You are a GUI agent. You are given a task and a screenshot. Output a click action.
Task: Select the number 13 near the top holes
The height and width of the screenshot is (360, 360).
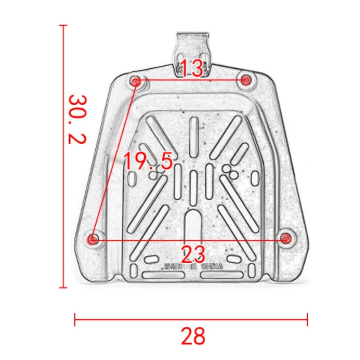pyautogui.click(x=192, y=68)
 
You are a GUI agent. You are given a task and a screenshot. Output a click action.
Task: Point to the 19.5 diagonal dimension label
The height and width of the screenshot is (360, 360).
pyautogui.click(x=148, y=161)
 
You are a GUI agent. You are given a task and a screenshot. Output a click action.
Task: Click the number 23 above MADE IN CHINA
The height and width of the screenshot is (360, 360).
pyautogui.click(x=193, y=254)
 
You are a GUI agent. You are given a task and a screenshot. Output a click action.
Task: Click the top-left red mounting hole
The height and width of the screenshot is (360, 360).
pyautogui.click(x=135, y=81)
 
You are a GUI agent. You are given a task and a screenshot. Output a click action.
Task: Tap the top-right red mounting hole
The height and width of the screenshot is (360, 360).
pyautogui.click(x=245, y=80)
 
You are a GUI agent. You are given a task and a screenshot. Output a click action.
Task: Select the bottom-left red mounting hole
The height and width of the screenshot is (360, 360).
pyautogui.click(x=93, y=239)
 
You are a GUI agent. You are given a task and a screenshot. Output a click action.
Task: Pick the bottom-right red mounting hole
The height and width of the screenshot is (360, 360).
pyautogui.click(x=285, y=238)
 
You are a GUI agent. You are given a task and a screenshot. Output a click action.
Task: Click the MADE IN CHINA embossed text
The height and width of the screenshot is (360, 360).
pyautogui.click(x=193, y=266)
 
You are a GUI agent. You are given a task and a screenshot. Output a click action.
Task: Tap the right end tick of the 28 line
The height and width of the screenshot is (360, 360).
pyautogui.click(x=308, y=320)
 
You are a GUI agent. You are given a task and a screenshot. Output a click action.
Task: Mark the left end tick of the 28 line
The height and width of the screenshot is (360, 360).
pyautogui.click(x=75, y=320)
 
